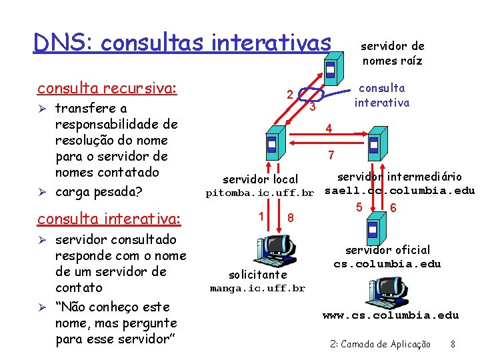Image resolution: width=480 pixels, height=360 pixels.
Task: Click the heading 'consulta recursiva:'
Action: click(107, 89)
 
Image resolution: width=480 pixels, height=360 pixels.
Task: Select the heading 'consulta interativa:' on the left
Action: click(109, 219)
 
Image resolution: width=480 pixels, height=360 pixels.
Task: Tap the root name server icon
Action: click(330, 65)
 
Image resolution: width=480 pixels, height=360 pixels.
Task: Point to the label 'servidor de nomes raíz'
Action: click(392, 53)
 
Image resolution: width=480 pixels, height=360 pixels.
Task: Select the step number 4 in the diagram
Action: click(328, 127)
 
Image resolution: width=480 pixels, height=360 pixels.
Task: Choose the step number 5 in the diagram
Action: click(359, 207)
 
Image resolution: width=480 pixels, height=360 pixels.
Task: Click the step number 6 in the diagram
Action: click(393, 208)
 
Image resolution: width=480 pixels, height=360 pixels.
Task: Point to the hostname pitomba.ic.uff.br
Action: click(259, 193)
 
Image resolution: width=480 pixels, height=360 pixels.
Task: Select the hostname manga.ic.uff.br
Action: click(257, 288)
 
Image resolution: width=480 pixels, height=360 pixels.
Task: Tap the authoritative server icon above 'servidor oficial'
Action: click(373, 229)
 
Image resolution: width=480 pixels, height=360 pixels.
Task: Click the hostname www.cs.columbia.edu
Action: click(391, 315)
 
